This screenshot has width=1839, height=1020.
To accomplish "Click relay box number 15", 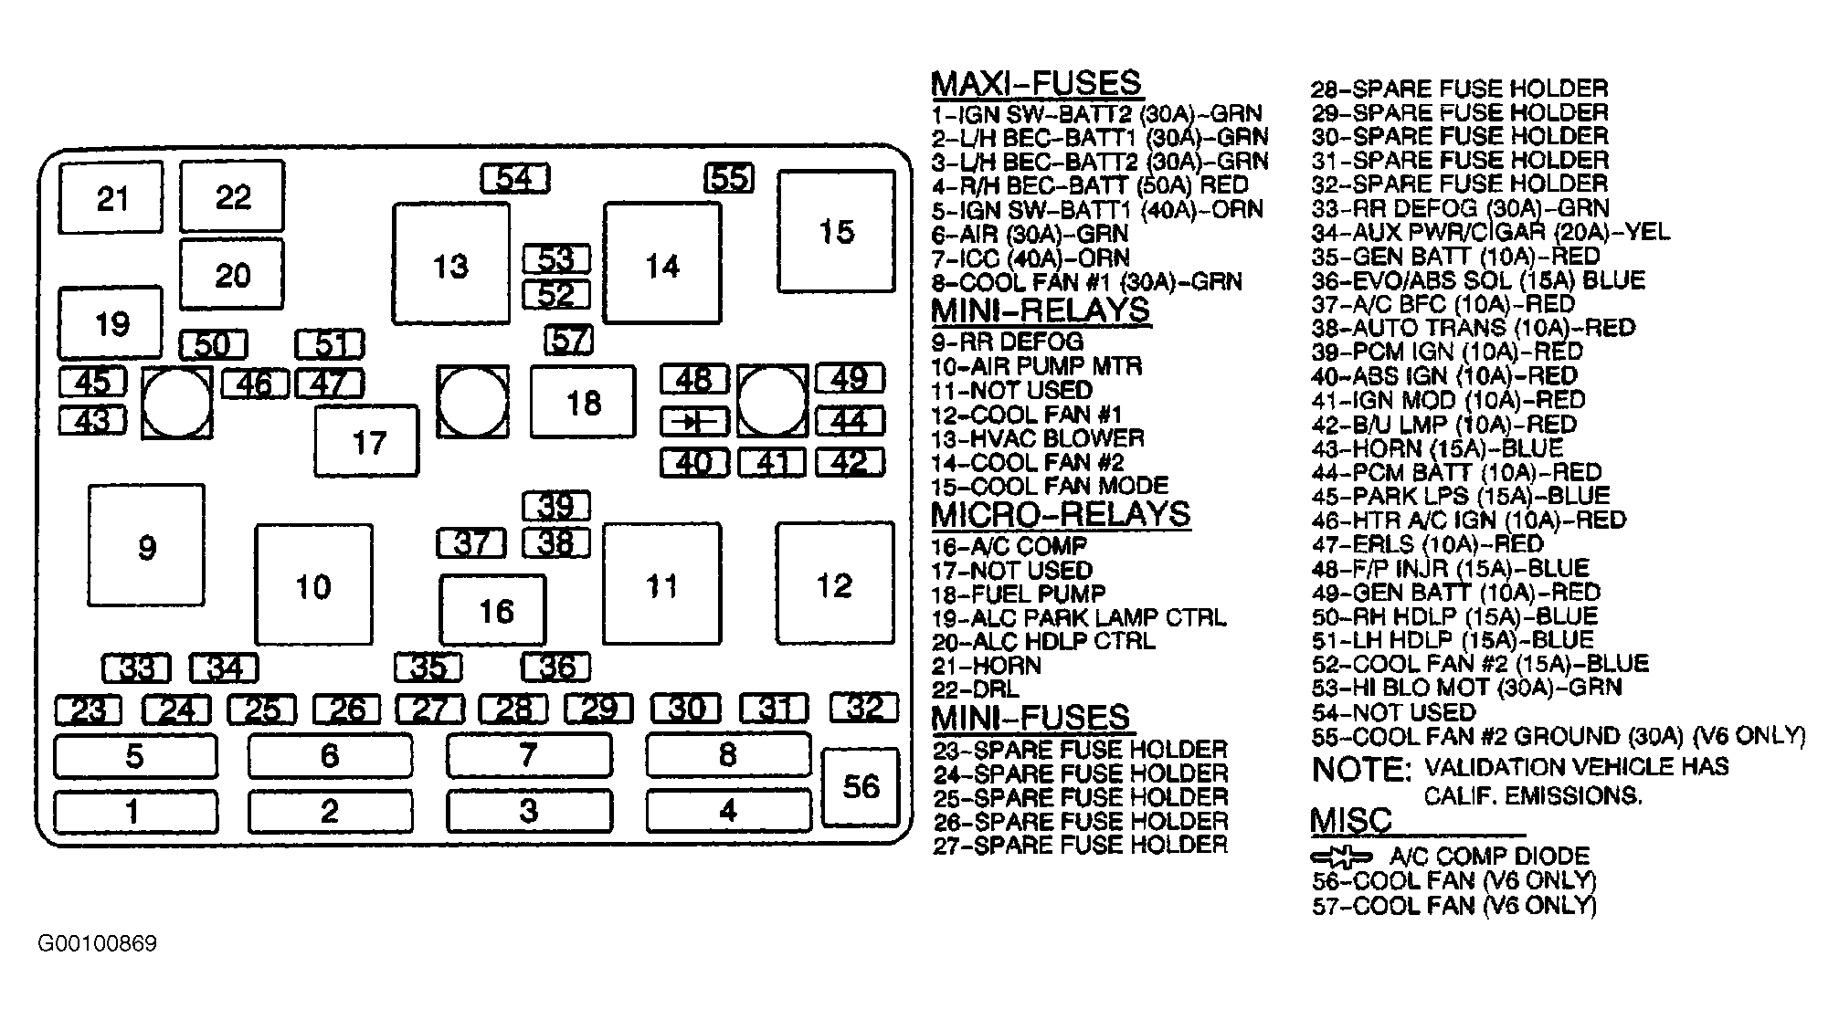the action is pos(836,231).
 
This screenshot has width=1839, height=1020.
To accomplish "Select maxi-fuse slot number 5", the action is pos(136,756).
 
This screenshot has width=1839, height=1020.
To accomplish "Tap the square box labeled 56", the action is pos(861,786).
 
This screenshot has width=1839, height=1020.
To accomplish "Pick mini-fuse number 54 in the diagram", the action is pos(515,178).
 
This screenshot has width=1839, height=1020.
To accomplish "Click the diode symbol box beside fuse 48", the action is pos(695,421).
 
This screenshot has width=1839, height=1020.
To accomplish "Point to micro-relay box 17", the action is pos(367,442).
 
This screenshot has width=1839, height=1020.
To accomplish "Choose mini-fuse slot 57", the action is pos(568,341).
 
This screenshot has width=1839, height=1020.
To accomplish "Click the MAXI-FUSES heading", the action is pos(1036,83).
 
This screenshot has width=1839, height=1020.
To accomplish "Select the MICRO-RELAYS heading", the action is pos(1061,514).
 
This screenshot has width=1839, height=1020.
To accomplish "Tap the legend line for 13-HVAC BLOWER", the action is pos(1038,438).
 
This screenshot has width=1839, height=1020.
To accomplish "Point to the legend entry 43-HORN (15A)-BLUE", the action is pos(1438,448).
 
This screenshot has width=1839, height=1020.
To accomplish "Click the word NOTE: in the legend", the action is pos(1361,769).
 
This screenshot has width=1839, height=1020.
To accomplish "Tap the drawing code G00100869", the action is pos(98,943).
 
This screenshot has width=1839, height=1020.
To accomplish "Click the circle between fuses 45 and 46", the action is pos(177,403).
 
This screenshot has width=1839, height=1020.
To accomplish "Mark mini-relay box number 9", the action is pos(146,545).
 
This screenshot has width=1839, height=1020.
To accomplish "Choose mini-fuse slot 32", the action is pos(864,707).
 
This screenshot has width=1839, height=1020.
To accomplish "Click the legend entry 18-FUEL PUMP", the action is pos(1019,594).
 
